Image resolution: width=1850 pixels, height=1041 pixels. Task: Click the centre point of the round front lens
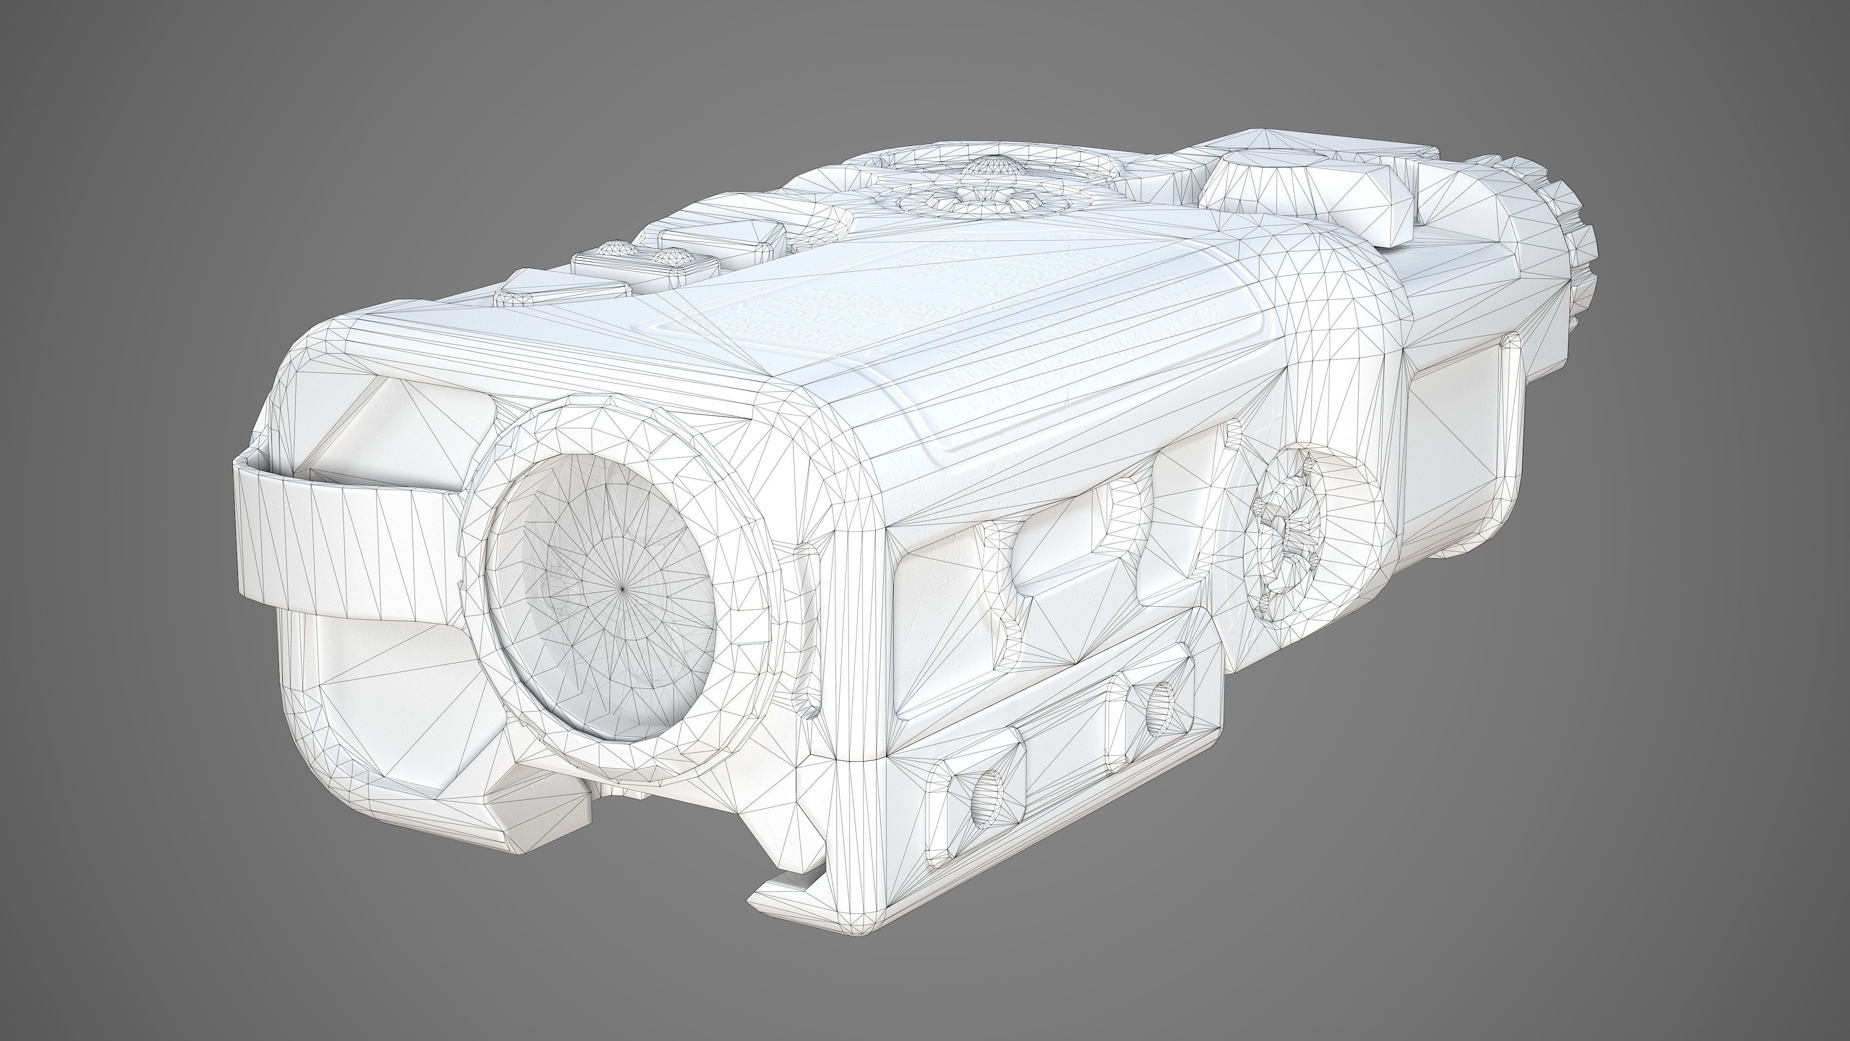coord(622,588)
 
